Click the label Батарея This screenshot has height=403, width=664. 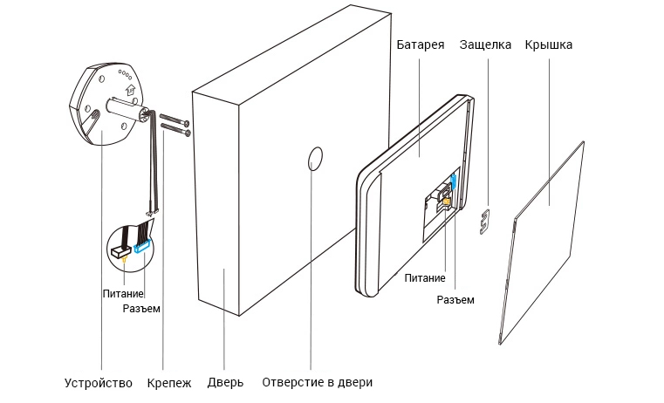pos(421,44)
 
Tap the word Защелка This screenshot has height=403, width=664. pos(485,44)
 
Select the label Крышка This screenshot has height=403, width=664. pos(549,44)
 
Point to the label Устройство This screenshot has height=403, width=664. pos(99,384)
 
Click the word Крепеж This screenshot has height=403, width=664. pos(169,384)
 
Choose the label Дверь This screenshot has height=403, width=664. pos(225,383)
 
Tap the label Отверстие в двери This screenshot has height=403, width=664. pos(318,383)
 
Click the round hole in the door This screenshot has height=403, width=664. pos(315,159)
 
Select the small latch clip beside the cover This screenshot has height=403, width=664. pos(485,221)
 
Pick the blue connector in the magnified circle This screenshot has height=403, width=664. pos(143,247)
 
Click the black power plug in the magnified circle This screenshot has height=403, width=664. pos(120,252)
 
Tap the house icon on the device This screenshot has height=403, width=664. pos(131,89)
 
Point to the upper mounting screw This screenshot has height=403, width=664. pos(175,119)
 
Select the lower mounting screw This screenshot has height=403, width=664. pos(175,129)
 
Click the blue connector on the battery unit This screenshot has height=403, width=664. pos(454,181)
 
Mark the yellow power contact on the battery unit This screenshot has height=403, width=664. pos(446,202)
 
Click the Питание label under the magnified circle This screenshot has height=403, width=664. pos(123,293)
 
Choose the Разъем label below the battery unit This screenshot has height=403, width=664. pos(455,300)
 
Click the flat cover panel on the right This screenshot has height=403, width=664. pos(544,242)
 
